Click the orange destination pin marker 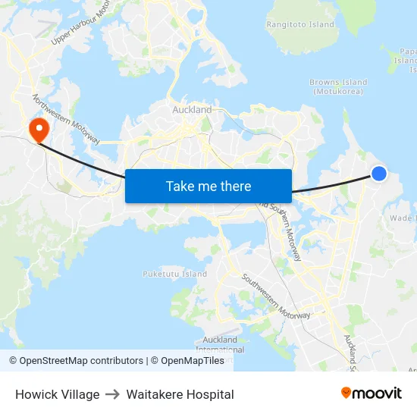pyautogui.click(x=36, y=130)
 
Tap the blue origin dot pyautogui.click(x=379, y=174)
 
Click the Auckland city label pyautogui.click(x=193, y=110)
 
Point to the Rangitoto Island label pyautogui.click(x=300, y=24)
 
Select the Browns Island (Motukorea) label pyautogui.click(x=338, y=86)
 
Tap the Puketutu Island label pyautogui.click(x=174, y=274)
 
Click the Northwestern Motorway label pyautogui.click(x=66, y=118)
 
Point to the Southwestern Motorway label pyautogui.click(x=276, y=295)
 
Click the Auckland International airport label pyautogui.click(x=221, y=344)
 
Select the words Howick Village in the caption pyautogui.click(x=57, y=394)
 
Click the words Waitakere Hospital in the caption pyautogui.click(x=180, y=394)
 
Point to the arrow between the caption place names pyautogui.click(x=113, y=394)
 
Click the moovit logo pyautogui.click(x=372, y=393)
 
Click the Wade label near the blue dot pyautogui.click(x=400, y=218)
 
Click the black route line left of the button pyautogui.click(x=83, y=160)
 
